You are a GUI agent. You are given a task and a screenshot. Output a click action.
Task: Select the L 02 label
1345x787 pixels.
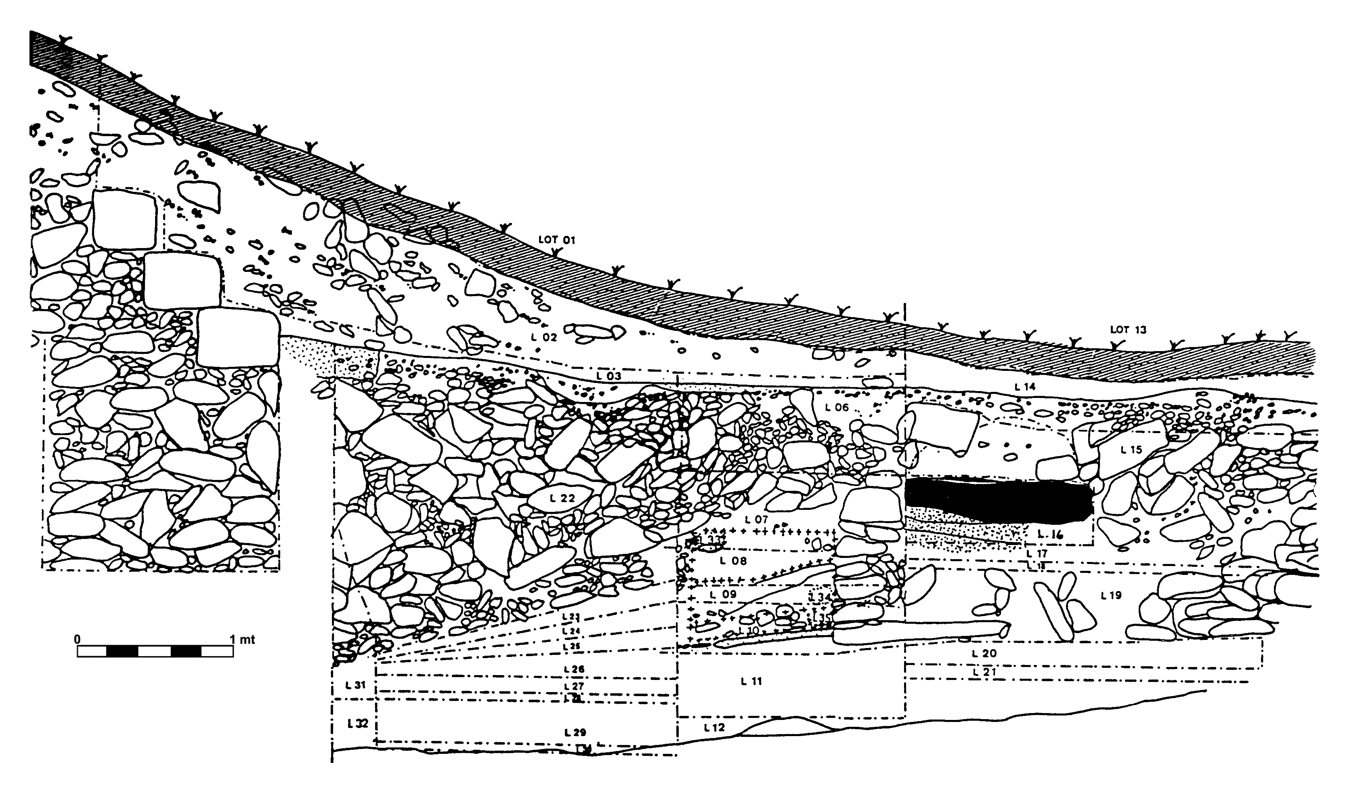click(544, 337)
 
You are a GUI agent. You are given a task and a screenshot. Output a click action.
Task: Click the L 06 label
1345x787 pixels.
click(836, 407)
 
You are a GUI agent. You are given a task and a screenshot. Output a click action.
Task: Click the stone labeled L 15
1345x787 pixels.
click(1131, 450)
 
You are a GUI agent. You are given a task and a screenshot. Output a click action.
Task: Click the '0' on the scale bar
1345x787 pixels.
click(78, 639)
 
